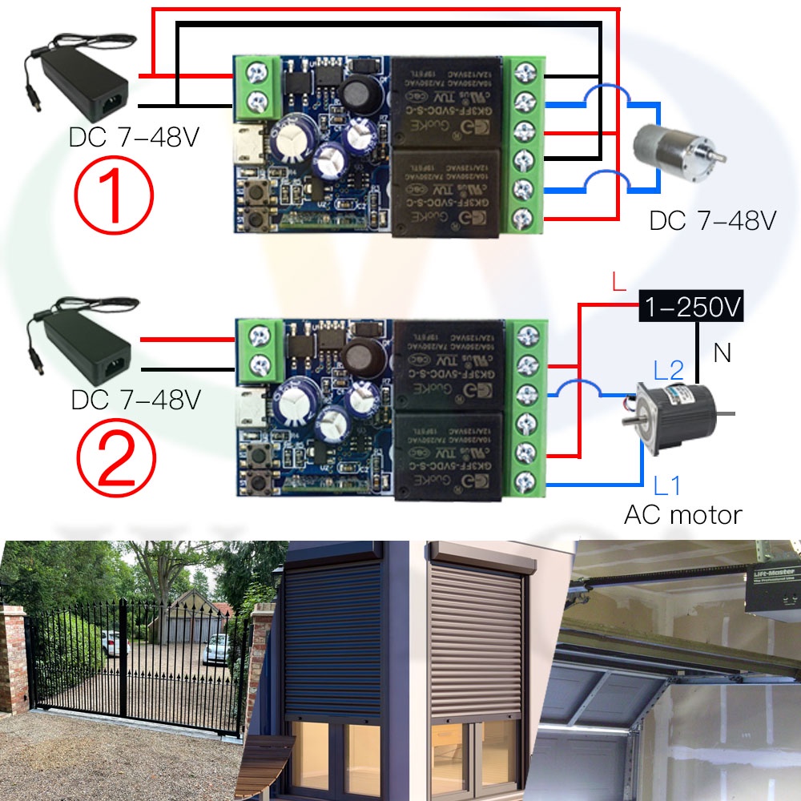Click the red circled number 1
(112, 193)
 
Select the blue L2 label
(668, 370)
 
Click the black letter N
(723, 352)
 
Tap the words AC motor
(683, 514)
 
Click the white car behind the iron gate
(216, 647)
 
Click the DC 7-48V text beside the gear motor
(712, 220)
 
